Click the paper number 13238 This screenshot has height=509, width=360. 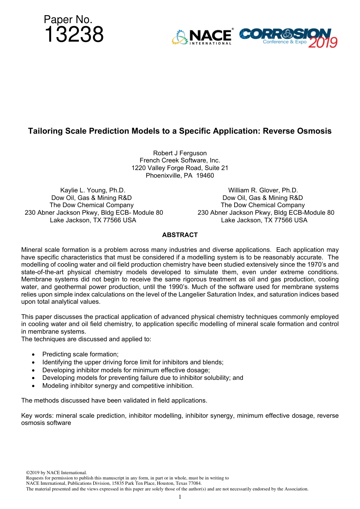(74, 35)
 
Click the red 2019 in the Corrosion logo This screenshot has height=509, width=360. (322, 42)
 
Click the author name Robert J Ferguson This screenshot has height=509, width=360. (180, 153)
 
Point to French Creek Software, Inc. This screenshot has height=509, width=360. (180, 161)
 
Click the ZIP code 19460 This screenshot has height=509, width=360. (205, 175)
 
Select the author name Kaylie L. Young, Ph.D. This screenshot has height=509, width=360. (92, 190)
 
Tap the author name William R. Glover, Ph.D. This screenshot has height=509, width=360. (263, 190)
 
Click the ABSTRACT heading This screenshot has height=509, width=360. (180, 235)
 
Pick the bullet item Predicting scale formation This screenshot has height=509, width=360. (80, 354)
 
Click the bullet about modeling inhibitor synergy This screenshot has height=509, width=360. (118, 386)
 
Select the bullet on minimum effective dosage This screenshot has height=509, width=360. (126, 370)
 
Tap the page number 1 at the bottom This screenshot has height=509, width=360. (180, 497)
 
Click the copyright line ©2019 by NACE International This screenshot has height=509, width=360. (56, 473)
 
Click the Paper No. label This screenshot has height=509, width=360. (68, 19)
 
